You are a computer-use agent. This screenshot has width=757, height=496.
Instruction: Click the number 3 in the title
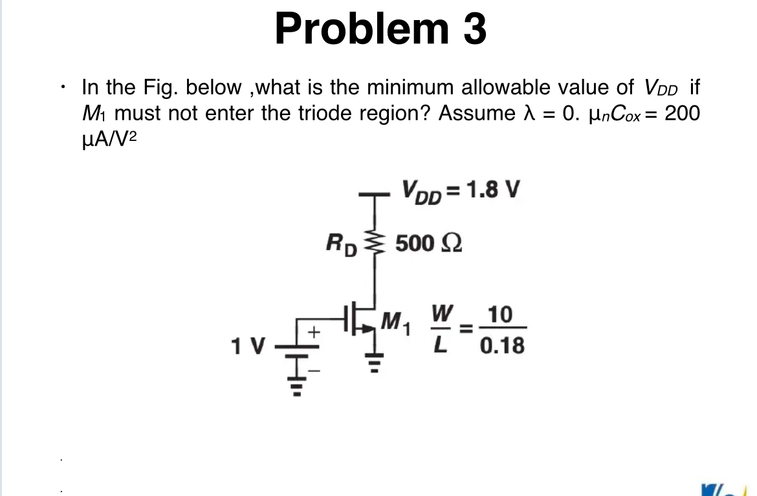pos(474,30)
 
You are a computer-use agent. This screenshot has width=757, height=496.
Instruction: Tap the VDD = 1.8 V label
pos(461,191)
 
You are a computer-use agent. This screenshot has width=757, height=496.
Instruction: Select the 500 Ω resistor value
pos(428,244)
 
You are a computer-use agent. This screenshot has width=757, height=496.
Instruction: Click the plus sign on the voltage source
pos(314,333)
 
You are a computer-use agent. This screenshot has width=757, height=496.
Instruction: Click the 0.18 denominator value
pos(502,347)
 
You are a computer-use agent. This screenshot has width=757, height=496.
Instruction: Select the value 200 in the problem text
pos(682,113)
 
